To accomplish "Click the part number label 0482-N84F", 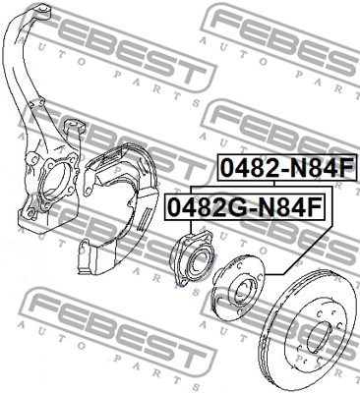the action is tap(286, 167).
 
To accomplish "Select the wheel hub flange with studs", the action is tap(238, 287).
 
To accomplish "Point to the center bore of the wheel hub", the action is tap(243, 290).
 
